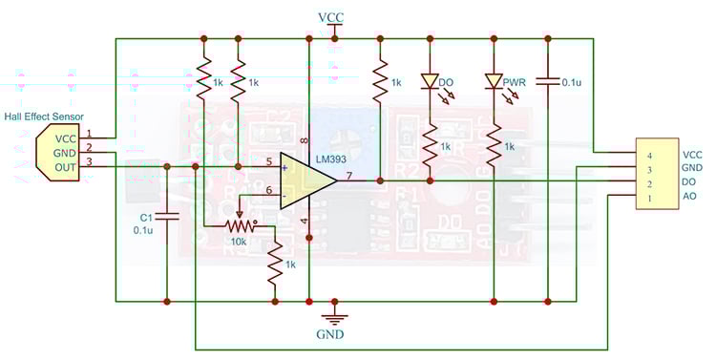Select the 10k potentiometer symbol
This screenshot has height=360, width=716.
(240, 225)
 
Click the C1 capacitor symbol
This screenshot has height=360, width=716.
(167, 216)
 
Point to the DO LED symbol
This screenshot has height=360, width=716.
(431, 82)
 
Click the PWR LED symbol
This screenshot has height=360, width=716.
(494, 82)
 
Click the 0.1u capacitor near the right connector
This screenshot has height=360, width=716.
(548, 83)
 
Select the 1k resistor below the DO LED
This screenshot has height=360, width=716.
(431, 145)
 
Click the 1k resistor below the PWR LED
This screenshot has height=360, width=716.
(494, 145)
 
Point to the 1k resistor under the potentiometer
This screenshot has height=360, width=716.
(276, 265)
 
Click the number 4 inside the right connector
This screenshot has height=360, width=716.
(648, 155)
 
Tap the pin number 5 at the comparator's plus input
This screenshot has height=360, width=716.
(269, 160)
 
